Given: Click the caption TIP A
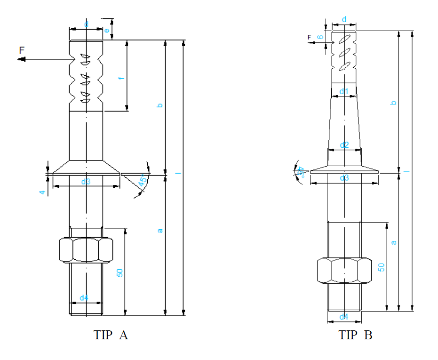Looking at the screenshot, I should click(x=111, y=335).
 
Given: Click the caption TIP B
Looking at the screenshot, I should click(x=355, y=335).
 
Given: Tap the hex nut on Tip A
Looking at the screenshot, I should click(x=86, y=250).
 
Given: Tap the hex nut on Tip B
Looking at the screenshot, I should click(x=344, y=271).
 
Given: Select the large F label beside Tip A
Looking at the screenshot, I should click(x=22, y=50).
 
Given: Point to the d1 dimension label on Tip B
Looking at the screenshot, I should click(x=344, y=91).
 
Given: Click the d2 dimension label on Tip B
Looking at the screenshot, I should click(x=344, y=145).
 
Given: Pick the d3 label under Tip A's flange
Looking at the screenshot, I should click(x=85, y=182).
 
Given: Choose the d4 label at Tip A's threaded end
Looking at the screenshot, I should click(x=84, y=297).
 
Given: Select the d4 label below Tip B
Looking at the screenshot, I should click(x=344, y=317).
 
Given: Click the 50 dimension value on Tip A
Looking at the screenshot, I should click(x=119, y=272).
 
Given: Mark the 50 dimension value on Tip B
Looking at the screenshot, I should click(x=382, y=267).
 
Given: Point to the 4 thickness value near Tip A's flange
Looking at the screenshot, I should click(x=42, y=192).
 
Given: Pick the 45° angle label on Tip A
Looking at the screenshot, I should click(x=143, y=179).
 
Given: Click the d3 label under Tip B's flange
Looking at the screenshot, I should click(x=344, y=178).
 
